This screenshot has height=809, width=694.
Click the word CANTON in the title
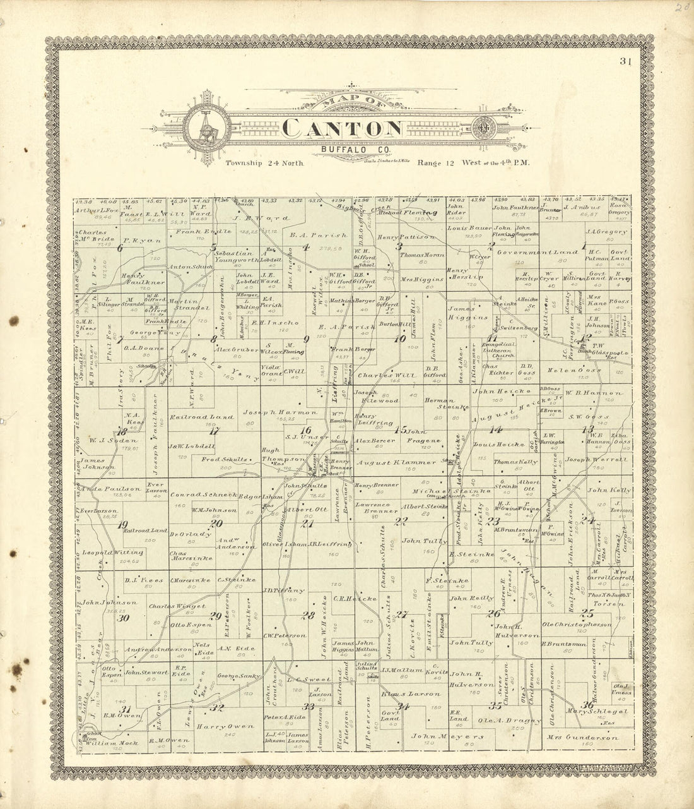point(343,128)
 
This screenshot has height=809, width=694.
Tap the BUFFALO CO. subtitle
point(344,149)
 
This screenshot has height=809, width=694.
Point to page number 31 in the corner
point(625,62)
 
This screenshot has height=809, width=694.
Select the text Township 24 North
point(265,163)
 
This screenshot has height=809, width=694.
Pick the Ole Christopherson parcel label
point(577,625)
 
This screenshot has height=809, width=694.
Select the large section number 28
point(308,615)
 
